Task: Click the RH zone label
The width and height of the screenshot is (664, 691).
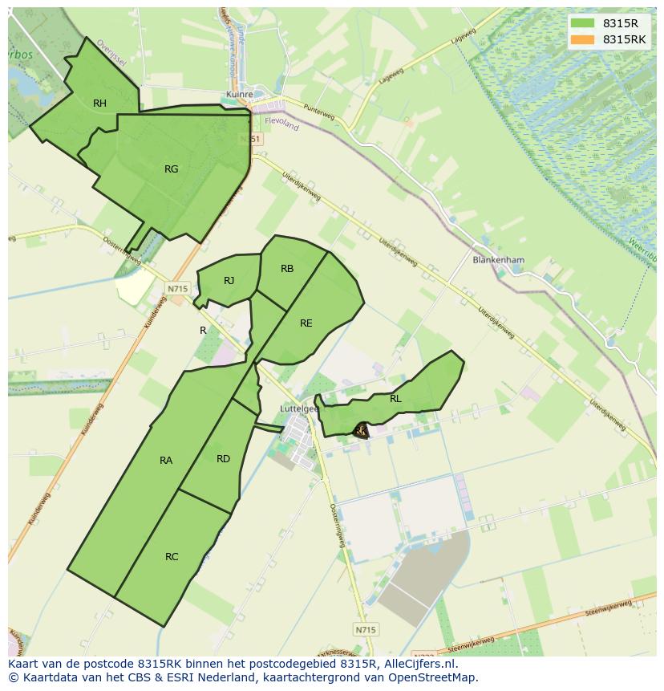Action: point(99,103)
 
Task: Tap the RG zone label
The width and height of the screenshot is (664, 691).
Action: point(171,169)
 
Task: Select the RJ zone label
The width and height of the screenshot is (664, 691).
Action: point(229,280)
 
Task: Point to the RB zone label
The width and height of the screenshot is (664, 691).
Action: point(287,269)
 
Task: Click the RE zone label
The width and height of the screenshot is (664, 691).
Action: point(306,323)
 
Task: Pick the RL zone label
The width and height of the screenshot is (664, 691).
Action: point(395,398)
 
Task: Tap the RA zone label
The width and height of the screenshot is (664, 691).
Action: point(166,460)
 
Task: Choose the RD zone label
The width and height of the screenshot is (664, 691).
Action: point(223,459)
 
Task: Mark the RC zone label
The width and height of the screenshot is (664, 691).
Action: point(172,557)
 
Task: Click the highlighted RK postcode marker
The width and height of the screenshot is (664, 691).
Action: point(361,431)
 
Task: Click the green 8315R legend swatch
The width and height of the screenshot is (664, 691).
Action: point(583,23)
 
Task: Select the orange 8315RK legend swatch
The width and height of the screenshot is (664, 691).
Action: point(583,39)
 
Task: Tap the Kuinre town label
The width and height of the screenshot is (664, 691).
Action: point(239,95)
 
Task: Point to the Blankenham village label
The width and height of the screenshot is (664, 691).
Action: point(498,260)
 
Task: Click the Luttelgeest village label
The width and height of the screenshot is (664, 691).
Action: point(299,408)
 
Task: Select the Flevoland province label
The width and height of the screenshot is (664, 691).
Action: point(281,125)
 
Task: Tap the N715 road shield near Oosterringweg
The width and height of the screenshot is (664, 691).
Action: point(177,288)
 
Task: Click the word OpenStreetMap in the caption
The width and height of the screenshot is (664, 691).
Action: point(432,677)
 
